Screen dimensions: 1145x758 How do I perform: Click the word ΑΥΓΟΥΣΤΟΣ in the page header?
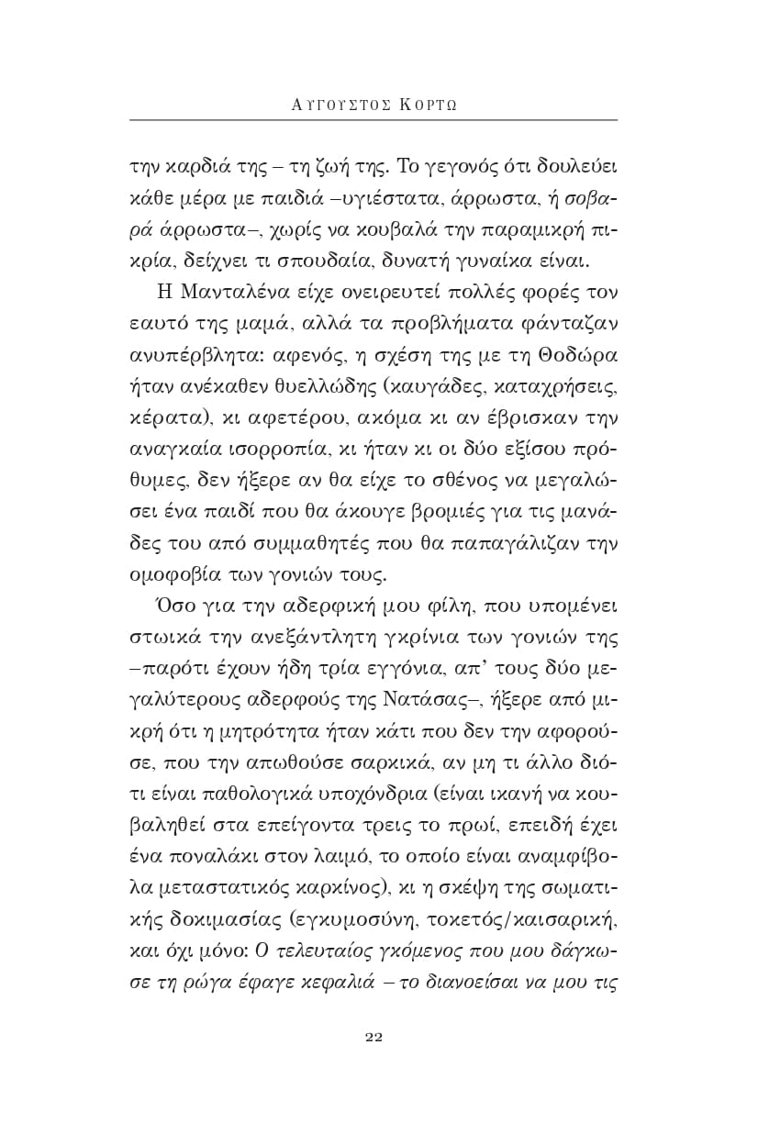[x=339, y=103]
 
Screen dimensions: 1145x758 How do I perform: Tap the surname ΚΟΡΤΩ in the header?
[x=428, y=103]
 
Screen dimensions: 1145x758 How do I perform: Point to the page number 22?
[x=373, y=1037]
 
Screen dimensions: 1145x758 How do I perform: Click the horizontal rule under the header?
[x=373, y=120]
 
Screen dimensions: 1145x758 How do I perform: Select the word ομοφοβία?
[x=169, y=576]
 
